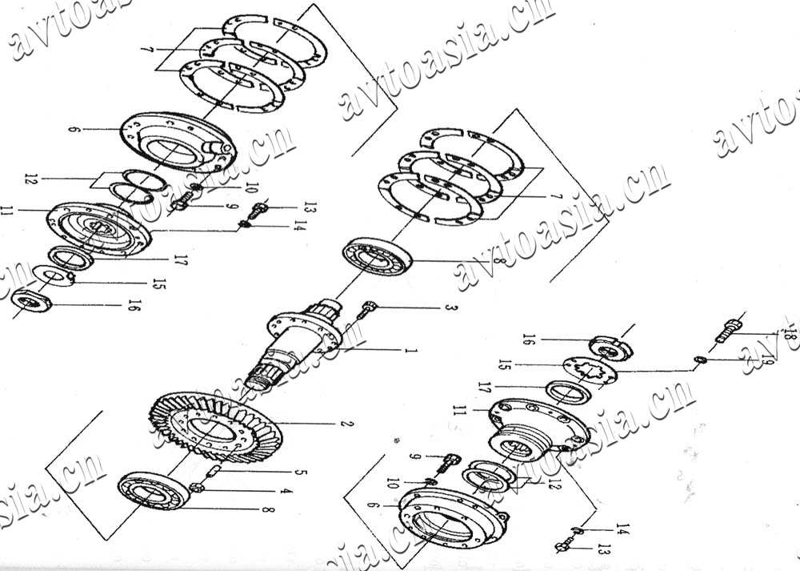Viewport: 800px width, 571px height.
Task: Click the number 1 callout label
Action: click(410, 351)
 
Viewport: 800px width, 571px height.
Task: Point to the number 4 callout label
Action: click(286, 491)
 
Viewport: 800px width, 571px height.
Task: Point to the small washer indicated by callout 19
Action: click(698, 361)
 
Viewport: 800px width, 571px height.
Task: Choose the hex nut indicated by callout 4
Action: click(198, 488)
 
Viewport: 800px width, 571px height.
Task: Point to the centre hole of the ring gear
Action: click(212, 432)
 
